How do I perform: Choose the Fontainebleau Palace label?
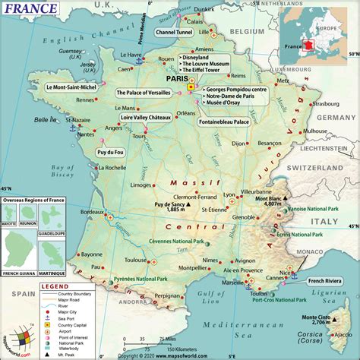point(226,121)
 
